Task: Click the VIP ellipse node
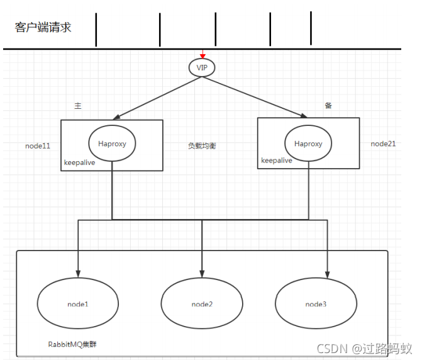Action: [x=203, y=67]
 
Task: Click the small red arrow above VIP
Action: [x=203, y=55]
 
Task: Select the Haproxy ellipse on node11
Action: [x=112, y=143]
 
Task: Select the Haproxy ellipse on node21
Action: [x=308, y=143]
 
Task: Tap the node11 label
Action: [x=38, y=145]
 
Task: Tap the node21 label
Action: [x=383, y=143]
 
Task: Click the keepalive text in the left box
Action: [x=79, y=162]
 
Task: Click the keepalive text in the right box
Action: [x=277, y=160]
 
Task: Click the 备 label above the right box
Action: [x=328, y=106]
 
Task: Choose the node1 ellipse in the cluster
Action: [x=78, y=304]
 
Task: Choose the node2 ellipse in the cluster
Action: [x=202, y=304]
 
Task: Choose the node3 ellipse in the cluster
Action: [x=316, y=304]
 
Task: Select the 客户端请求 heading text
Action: [x=43, y=27]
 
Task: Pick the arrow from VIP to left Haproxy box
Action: [x=157, y=96]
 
